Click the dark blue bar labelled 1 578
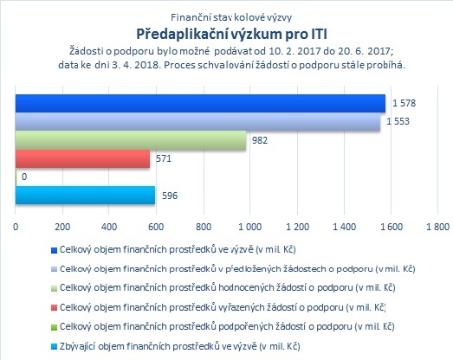(200, 103)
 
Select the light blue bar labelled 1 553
(197, 121)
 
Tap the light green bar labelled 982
(131, 140)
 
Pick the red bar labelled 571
(82, 158)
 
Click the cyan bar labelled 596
(85, 196)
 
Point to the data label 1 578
(404, 103)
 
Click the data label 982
(260, 140)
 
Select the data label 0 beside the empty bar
(24, 177)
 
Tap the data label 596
(170, 196)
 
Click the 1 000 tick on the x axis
(250, 227)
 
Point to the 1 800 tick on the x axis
(438, 227)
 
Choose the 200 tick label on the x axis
(62, 227)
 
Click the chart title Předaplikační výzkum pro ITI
(232, 34)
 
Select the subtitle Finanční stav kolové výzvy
(231, 17)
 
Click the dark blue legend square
(54, 250)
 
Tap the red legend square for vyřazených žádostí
(54, 308)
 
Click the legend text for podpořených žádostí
(227, 326)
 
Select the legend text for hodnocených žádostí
(228, 288)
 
